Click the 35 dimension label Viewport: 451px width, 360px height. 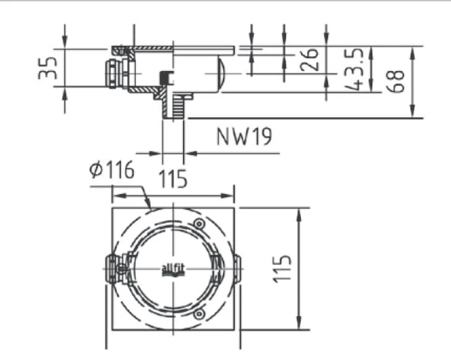pyautogui.click(x=48, y=68)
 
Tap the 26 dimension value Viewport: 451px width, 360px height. pyautogui.click(x=310, y=60)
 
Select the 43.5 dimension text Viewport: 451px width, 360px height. pyautogui.click(x=355, y=69)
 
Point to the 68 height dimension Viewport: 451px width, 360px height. pyautogui.click(x=395, y=82)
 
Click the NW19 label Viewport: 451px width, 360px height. pyautogui.click(x=244, y=136)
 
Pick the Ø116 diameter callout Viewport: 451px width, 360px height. pyautogui.click(x=112, y=170)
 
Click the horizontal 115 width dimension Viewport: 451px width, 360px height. pyautogui.click(x=173, y=179)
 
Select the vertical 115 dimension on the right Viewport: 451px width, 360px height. pyautogui.click(x=282, y=269)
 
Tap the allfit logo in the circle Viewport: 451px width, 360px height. pyautogui.click(x=173, y=270)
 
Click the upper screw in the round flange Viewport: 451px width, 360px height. pyautogui.click(x=199, y=224)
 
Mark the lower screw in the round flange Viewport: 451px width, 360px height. pyautogui.click(x=199, y=314)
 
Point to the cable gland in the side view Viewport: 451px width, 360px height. pyautogui.click(x=117, y=73)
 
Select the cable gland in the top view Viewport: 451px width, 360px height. pyautogui.click(x=117, y=269)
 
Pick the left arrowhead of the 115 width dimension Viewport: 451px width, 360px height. pyautogui.click(x=119, y=196)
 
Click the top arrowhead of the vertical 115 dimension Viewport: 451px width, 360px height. pyautogui.click(x=299, y=214)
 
